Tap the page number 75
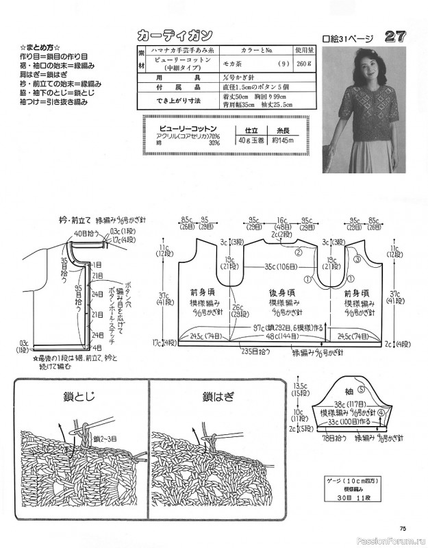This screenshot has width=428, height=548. (403, 527)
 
